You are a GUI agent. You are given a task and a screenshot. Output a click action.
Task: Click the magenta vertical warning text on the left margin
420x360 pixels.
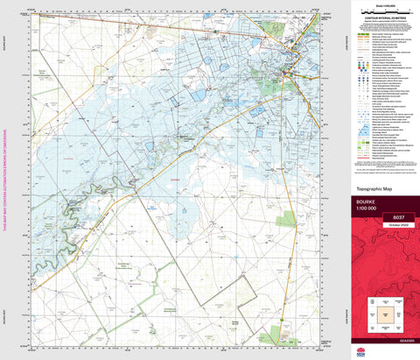(x=4, y=188)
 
